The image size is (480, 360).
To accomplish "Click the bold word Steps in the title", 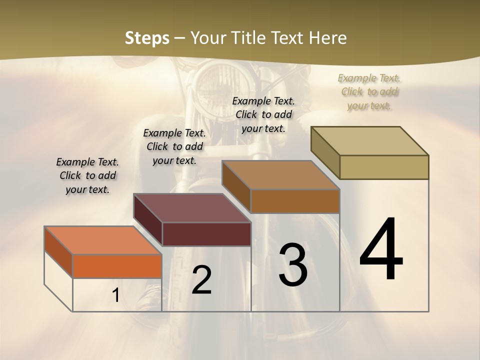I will tap(147, 38).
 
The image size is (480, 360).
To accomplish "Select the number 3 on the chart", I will tap(293, 265).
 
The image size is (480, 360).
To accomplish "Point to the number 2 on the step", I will tap(201, 280).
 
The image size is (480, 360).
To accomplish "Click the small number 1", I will tap(115, 295).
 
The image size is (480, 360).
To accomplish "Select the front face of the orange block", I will tap(117, 266).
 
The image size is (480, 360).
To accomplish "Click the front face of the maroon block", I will tap(206, 234).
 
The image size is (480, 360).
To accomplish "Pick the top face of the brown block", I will tap(280, 175).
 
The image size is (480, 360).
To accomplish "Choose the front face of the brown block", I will tap(295, 201).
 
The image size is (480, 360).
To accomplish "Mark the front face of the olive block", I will tap(384, 167).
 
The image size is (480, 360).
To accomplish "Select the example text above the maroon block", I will tap(174, 147).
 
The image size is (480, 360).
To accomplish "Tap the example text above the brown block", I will tap(263, 115).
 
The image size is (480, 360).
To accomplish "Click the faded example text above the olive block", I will tap(369, 92).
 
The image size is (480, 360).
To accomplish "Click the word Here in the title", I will tap(328, 38).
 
